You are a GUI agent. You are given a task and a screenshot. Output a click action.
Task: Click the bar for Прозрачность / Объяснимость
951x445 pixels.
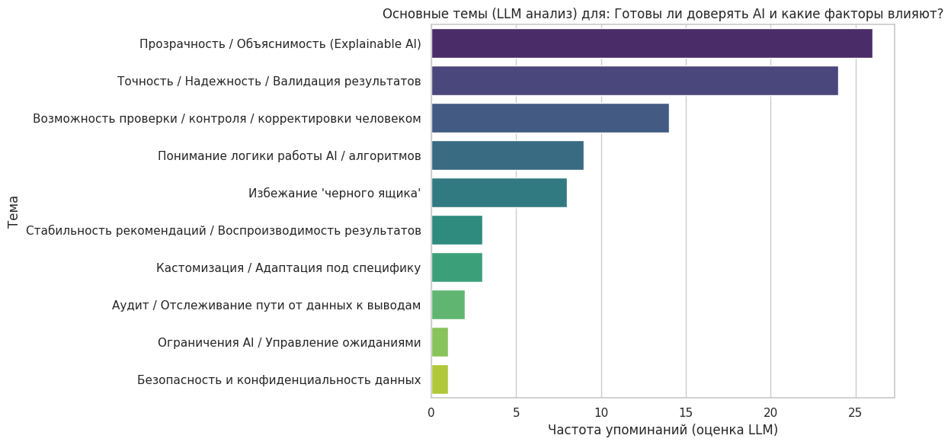652,43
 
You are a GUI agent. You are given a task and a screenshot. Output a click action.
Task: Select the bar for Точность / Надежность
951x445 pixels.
634,81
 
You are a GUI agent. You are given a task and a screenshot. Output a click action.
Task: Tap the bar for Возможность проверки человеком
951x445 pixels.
549,118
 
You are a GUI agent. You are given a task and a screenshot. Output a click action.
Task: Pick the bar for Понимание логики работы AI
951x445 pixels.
508,155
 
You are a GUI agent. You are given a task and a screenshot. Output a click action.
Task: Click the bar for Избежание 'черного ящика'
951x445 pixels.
499,193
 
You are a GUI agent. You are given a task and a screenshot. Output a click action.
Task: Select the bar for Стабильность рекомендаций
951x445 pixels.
456,230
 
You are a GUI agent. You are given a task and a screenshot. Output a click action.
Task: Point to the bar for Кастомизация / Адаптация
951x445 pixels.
456,267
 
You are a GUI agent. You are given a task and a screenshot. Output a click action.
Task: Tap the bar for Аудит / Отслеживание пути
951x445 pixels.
448,305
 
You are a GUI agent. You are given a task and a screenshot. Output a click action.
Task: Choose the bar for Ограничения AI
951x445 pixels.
440,342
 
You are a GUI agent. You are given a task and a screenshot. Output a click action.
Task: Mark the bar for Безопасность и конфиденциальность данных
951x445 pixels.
440,379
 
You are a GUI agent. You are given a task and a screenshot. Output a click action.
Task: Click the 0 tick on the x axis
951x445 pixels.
431,412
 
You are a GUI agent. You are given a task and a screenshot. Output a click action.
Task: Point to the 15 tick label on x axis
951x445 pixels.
686,412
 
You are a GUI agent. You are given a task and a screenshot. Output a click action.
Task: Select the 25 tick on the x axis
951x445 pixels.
856,412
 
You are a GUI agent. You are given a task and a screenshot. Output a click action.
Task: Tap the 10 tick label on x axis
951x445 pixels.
601,412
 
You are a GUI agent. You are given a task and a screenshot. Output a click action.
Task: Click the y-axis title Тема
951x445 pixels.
14,211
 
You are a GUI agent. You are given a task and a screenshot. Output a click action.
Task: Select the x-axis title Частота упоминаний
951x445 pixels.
662,430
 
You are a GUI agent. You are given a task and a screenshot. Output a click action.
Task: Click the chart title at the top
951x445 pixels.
662,13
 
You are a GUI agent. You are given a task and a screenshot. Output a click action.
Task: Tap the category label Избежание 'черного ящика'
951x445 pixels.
335,193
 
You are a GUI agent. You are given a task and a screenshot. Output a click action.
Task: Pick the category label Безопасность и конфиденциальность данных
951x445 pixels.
279,379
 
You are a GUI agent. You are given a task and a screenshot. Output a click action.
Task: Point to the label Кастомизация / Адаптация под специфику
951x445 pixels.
288,267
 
